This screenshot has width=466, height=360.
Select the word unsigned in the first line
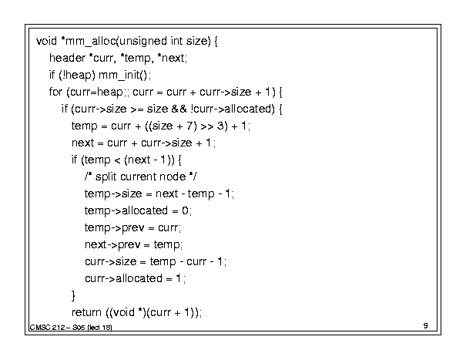click(142, 42)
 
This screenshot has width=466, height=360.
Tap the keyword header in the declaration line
click(67, 58)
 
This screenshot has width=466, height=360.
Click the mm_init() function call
click(122, 75)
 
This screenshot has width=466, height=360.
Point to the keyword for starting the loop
click(55, 92)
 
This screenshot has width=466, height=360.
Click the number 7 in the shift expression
click(189, 126)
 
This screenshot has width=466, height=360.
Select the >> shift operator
click(207, 126)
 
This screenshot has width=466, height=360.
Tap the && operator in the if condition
click(179, 109)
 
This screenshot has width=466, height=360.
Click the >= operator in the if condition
click(137, 109)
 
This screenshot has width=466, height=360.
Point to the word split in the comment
click(106, 177)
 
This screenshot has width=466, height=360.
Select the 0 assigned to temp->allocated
click(185, 210)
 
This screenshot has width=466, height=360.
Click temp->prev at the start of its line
click(115, 228)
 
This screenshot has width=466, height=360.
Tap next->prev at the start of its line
click(112, 245)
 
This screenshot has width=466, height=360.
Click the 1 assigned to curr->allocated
click(179, 278)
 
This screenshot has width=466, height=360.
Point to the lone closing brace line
click(73, 295)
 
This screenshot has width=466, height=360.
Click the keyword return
click(86, 312)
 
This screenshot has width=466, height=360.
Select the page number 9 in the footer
click(426, 325)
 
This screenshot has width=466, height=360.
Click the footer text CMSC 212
click(47, 328)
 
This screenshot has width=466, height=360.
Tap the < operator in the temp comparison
click(117, 160)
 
